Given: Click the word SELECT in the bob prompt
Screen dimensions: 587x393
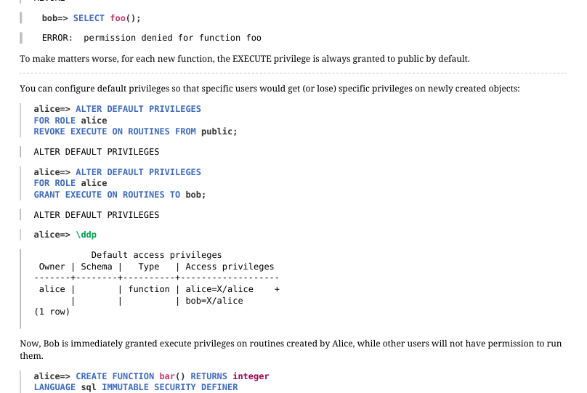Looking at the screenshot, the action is [89, 18].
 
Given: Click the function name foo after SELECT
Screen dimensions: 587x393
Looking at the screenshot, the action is [118, 18].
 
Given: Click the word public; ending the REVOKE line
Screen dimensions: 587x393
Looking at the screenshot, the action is [219, 131].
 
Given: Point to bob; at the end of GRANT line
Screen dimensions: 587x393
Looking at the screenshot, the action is [196, 195].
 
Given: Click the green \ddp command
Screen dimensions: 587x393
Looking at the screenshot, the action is [86, 235].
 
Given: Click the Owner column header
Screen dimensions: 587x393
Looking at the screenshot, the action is [52, 267].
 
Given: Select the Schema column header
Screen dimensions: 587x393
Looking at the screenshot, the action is [97, 267].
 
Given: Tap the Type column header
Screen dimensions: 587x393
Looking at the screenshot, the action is [149, 267].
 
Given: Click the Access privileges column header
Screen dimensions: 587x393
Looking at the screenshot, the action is [230, 267].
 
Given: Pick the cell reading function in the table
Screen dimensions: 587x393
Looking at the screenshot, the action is [149, 289].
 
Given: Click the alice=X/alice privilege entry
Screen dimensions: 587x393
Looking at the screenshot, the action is [219, 289].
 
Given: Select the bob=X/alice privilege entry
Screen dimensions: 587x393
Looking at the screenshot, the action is [214, 301].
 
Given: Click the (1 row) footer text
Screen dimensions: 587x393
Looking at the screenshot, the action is [52, 312].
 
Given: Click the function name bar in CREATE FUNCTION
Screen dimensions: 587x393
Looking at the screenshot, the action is [167, 376].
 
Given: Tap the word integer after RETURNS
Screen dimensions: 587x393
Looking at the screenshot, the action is [251, 376].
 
